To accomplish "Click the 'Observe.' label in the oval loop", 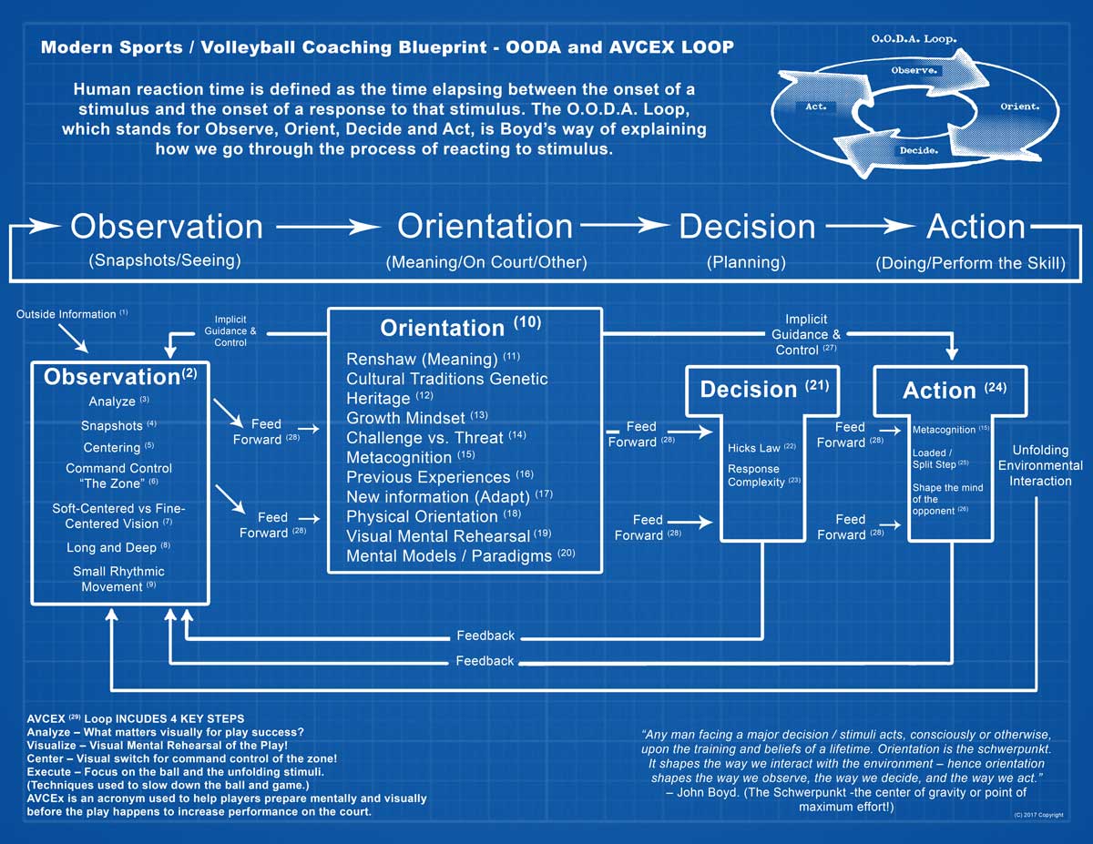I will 914,69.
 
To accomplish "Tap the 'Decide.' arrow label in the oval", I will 918,149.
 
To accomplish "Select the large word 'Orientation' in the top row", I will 485,227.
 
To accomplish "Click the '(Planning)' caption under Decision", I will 745,262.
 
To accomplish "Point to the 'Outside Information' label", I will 67,314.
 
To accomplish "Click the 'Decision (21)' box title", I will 763,389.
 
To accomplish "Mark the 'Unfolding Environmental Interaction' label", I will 1040,465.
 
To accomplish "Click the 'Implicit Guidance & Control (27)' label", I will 806,334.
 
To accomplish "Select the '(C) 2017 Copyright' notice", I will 1037,815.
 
